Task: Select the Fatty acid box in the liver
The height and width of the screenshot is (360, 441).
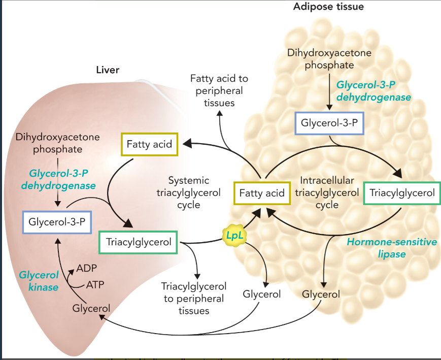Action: pyautogui.click(x=149, y=145)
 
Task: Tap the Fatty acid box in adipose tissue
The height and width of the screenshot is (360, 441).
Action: pyautogui.click(x=261, y=193)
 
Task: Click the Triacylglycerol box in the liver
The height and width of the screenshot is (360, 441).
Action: pyautogui.click(x=138, y=243)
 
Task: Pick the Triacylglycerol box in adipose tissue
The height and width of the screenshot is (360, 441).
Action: pyautogui.click(x=402, y=193)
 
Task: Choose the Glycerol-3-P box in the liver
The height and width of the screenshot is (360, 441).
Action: pyautogui.click(x=56, y=222)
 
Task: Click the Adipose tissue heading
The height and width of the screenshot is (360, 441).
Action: pyautogui.click(x=328, y=8)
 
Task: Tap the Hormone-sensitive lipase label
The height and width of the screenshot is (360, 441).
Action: pyautogui.click(x=391, y=248)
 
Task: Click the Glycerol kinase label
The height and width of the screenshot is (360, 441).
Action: pyautogui.click(x=39, y=281)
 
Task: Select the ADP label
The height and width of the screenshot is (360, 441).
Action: pyautogui.click(x=87, y=268)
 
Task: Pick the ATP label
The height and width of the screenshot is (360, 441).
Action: pyautogui.click(x=94, y=284)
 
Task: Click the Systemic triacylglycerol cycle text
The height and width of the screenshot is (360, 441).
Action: pyautogui.click(x=189, y=193)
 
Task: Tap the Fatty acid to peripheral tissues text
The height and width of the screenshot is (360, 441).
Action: pyautogui.click(x=219, y=90)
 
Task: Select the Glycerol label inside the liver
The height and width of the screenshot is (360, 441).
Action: pyautogui.click(x=91, y=308)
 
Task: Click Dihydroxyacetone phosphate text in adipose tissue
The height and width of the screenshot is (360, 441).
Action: pyautogui.click(x=329, y=59)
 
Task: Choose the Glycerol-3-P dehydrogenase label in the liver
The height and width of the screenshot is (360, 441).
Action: pyautogui.click(x=58, y=180)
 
